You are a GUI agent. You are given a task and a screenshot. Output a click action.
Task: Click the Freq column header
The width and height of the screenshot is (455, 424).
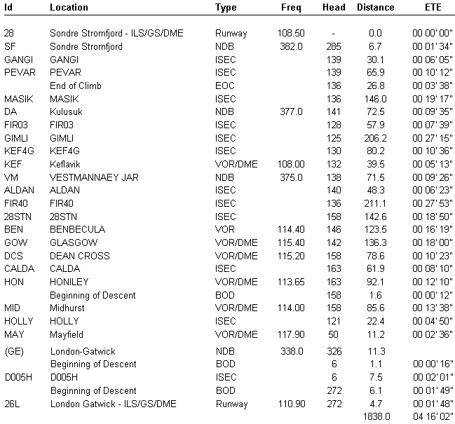point(292,8)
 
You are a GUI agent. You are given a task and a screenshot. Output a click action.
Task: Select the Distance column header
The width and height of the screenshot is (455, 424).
point(376,8)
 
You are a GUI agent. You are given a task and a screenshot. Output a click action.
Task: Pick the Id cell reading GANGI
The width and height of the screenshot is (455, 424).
point(18,60)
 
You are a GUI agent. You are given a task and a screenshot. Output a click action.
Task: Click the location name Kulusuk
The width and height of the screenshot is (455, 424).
point(66,111)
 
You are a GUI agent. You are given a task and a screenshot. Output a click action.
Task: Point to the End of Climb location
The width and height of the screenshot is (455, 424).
point(76,86)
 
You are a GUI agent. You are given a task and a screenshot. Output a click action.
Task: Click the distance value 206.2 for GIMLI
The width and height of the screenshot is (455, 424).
point(376,137)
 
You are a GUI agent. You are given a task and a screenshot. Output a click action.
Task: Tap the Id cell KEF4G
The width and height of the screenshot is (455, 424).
point(18,151)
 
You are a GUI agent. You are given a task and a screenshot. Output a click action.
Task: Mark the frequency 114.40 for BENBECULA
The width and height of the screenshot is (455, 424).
point(290,229)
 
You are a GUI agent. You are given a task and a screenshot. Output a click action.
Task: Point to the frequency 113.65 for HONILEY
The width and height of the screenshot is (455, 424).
point(290,282)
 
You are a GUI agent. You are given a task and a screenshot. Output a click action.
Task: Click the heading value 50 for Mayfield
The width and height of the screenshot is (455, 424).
point(333,334)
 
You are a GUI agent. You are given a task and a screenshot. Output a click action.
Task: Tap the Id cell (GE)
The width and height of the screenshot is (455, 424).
point(15,351)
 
